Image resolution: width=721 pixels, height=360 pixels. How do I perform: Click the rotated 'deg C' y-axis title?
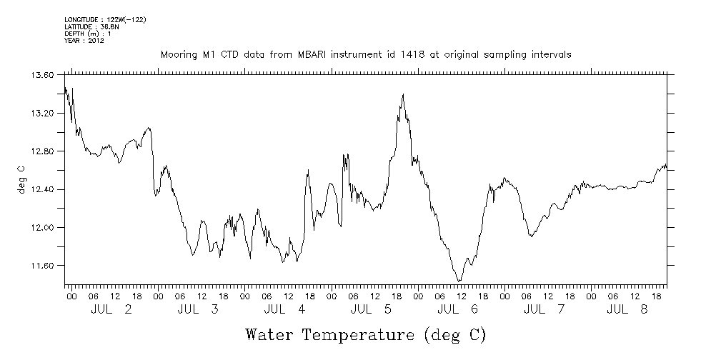[x=21, y=179]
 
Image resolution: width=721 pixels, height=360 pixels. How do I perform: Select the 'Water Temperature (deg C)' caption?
[x=366, y=334]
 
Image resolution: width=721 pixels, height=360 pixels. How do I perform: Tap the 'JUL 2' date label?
[x=111, y=309]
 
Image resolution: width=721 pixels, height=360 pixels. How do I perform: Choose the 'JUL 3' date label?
[x=198, y=309]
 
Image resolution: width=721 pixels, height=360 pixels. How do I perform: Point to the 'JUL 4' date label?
[x=284, y=309]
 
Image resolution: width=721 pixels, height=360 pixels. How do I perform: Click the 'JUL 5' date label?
[x=372, y=309]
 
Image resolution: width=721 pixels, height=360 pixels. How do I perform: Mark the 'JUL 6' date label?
[x=458, y=309]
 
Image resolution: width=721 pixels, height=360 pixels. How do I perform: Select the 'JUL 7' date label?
[x=545, y=309]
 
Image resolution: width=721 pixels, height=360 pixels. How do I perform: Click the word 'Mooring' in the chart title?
[x=178, y=55]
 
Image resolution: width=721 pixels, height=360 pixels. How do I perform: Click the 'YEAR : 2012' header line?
[x=84, y=40]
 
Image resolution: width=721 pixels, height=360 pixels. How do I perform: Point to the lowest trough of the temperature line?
[x=459, y=281]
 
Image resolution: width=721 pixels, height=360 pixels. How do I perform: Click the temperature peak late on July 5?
[x=404, y=94]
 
